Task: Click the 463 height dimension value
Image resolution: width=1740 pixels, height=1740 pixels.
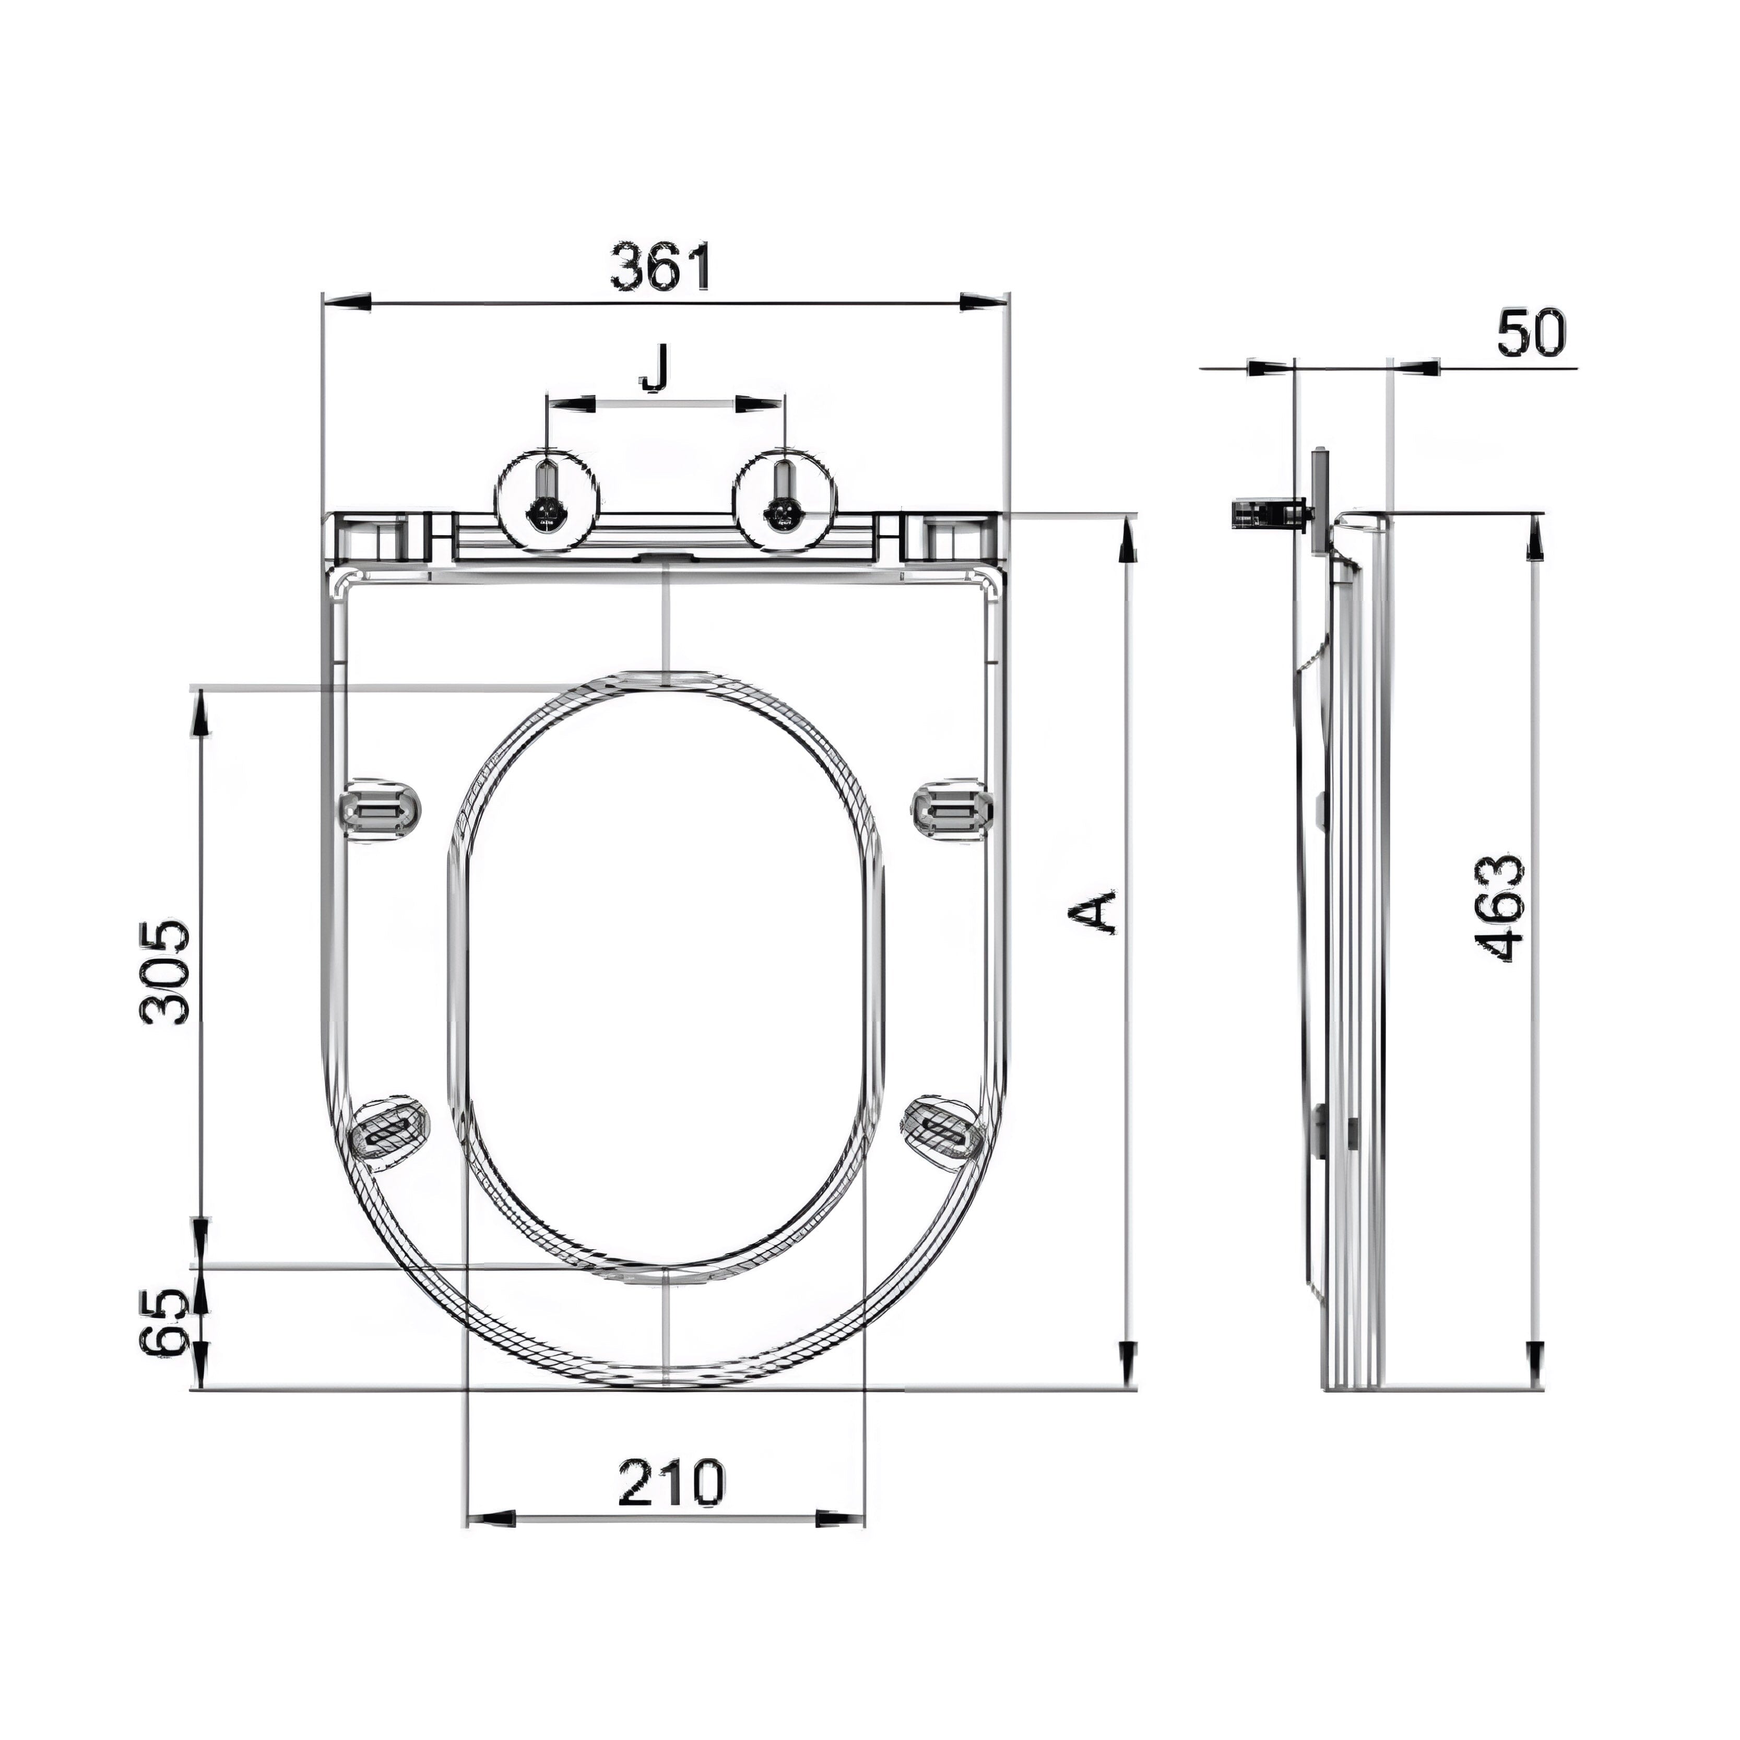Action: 1499,909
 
